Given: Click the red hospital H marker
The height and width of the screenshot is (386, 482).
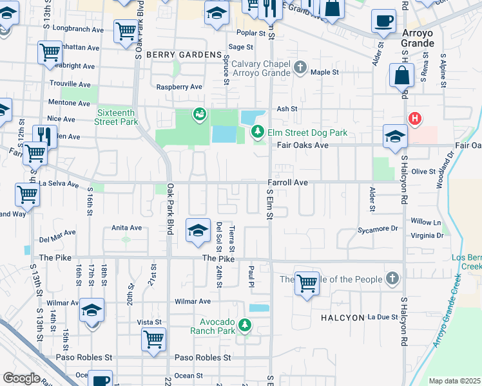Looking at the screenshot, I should click(x=416, y=118).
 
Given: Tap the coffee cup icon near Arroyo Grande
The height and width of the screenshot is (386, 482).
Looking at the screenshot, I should click(x=383, y=21).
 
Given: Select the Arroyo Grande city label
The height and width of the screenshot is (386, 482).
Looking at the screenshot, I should click(x=417, y=37).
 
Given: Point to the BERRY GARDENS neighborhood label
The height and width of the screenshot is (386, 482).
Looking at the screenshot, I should click(x=184, y=55).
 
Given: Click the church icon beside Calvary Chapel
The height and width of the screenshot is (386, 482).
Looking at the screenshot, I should click(x=300, y=67).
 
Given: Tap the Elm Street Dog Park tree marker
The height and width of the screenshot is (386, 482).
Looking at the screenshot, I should click(x=258, y=133).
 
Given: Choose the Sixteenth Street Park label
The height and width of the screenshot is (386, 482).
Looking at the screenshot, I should click(x=117, y=116).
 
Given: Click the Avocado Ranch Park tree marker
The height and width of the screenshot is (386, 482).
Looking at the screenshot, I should click(x=244, y=326).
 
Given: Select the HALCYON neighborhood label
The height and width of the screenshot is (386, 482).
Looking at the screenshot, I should click(x=342, y=318).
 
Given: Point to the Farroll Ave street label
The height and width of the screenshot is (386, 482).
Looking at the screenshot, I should click(x=287, y=183).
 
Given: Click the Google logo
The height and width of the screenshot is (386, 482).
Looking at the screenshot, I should click(x=21, y=378).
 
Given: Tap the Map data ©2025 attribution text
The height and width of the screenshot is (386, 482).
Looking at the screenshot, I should click(x=454, y=381).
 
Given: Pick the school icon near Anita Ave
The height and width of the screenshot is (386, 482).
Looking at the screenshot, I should click(x=198, y=230).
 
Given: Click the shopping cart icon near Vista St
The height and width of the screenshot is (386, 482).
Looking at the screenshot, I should click(x=153, y=339).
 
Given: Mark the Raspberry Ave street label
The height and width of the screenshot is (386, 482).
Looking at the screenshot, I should click(x=180, y=87).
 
